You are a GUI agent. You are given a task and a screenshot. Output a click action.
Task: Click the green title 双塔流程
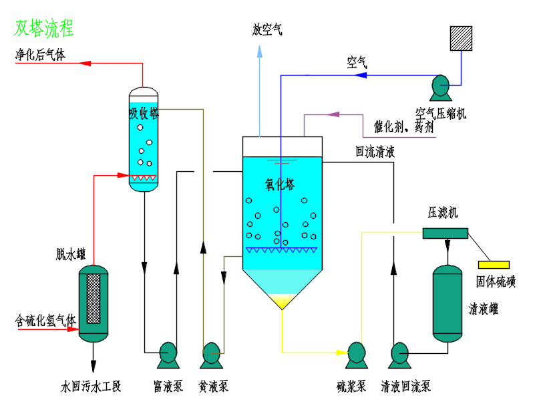pos(44,28)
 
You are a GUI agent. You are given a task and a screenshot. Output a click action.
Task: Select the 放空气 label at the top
pos(267,30)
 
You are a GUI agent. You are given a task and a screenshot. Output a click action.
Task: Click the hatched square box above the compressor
pos(460,38)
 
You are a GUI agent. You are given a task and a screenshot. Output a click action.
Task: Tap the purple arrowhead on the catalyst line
pos(332,115)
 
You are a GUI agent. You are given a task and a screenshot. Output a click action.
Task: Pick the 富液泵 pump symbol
pos(166,354)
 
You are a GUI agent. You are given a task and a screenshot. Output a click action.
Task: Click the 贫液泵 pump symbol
pos(212,354)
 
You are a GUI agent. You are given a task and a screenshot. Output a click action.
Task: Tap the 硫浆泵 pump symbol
pos(356,354)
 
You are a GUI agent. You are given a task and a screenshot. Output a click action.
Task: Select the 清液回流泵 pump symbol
pos(399,354)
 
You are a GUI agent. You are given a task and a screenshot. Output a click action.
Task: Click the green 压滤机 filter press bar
pos(445,233)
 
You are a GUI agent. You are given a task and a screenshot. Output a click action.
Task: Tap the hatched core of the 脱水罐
pos(94,297)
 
